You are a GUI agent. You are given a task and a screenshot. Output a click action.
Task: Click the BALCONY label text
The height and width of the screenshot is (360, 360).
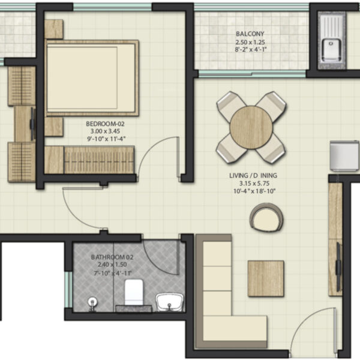[x=250, y=34]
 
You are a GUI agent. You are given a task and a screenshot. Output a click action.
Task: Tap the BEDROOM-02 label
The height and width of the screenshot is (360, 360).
[x=105, y=124]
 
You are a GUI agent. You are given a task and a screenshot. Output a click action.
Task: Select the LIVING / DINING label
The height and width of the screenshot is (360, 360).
[x=253, y=175]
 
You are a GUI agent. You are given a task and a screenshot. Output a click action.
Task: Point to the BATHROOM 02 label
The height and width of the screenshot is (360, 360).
[x=112, y=257]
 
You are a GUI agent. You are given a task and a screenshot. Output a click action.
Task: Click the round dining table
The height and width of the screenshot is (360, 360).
[x=251, y=127]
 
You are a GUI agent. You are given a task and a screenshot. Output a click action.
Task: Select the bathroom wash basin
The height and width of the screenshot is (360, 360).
[x=170, y=302]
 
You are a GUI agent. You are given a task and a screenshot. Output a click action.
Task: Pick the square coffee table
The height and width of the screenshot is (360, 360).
[x=266, y=278]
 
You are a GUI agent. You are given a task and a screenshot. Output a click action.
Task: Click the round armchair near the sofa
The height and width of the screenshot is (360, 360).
[x=266, y=217]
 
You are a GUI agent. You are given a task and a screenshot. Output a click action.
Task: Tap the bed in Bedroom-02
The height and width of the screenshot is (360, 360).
[x=92, y=78]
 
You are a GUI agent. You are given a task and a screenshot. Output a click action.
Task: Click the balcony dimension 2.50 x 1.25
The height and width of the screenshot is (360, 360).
[x=250, y=42]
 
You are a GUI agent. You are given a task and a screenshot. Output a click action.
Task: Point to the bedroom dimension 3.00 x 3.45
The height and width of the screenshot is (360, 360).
[x=105, y=131]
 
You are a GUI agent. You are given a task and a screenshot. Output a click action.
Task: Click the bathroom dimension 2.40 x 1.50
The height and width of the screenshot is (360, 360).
[x=112, y=265]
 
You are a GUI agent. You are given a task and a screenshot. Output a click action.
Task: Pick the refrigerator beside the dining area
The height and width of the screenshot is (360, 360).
[x=344, y=156]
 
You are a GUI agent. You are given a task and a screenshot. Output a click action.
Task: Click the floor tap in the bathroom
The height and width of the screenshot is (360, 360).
[x=92, y=302]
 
